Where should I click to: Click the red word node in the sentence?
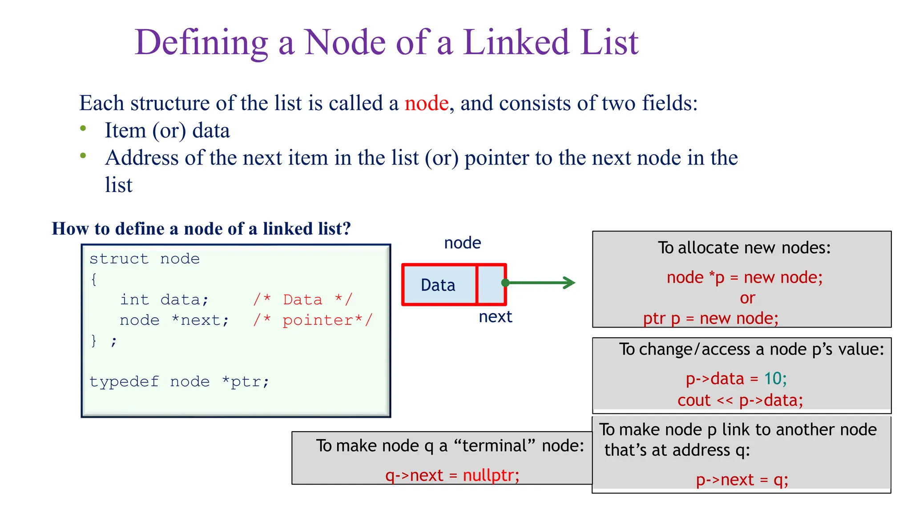pos(426,103)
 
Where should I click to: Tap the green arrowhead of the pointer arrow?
pos(570,283)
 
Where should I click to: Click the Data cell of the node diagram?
pos(438,285)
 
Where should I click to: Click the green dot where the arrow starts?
pos(505,283)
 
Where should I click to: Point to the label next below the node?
pos(495,316)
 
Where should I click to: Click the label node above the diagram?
pos(462,243)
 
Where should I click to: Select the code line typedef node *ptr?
pos(179,381)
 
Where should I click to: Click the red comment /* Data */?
pos(302,300)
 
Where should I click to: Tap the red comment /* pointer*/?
pos(312,320)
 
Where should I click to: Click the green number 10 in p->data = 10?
pos(773,378)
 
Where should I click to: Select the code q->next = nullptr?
pos(452,475)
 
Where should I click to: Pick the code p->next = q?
pos(742,480)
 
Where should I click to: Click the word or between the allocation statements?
pos(747,298)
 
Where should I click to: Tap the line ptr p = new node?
pos(710,318)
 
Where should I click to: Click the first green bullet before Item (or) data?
pos(83,128)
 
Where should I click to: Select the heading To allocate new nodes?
pos(744,248)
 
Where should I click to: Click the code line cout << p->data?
pos(740,400)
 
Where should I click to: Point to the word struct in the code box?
pos(119,259)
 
